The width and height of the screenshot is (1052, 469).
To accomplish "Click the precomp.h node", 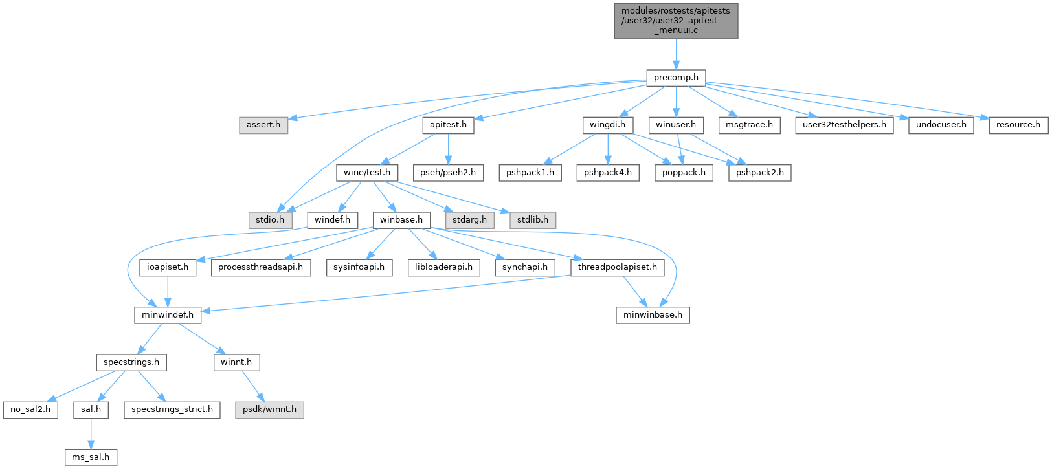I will (676, 78).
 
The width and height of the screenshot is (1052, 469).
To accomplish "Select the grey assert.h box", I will (263, 125).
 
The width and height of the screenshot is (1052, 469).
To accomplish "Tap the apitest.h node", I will (448, 125).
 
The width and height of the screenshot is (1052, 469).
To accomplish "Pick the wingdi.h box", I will (607, 125).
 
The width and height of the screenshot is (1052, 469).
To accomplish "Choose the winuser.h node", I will (676, 125).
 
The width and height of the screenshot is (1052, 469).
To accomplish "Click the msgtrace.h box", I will (749, 125).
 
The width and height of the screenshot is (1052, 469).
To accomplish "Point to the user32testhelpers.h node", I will (844, 125).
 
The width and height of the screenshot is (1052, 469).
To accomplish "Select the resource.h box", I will (1018, 125).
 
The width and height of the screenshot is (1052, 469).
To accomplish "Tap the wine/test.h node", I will (367, 173).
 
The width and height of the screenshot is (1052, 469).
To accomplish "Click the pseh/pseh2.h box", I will (449, 173).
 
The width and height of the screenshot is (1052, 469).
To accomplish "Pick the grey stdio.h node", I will (270, 220).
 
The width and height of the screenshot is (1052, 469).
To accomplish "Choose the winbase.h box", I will (401, 220).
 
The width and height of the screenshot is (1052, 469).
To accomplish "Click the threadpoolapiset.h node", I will (617, 267).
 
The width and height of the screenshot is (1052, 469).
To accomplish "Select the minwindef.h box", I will (168, 315).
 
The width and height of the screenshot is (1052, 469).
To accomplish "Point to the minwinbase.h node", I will (653, 315).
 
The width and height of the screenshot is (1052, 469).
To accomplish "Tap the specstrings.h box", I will (131, 362).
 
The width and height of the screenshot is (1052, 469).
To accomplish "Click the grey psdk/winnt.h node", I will (269, 409).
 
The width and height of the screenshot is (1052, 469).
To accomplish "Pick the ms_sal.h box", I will (91, 457).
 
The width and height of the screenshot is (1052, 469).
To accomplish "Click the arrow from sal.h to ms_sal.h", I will (91, 433).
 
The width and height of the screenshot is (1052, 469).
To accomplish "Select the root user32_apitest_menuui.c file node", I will (676, 21).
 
